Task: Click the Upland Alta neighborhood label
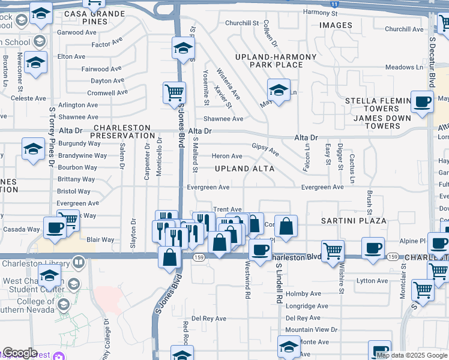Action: coord(245,169)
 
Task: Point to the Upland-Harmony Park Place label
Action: coord(275,61)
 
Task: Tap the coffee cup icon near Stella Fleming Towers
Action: coord(422,102)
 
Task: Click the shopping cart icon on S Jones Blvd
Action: coord(174,93)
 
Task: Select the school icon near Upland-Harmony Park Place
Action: coord(279,90)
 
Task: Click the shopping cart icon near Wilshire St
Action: coord(332,250)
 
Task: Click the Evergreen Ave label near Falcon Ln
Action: coord(322,187)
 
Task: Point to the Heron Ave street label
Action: coord(227,156)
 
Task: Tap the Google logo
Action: coord(20,353)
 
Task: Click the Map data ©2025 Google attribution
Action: coord(412,355)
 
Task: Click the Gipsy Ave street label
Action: coord(265,147)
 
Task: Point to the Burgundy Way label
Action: coord(79,143)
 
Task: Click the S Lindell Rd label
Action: coord(279,285)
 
